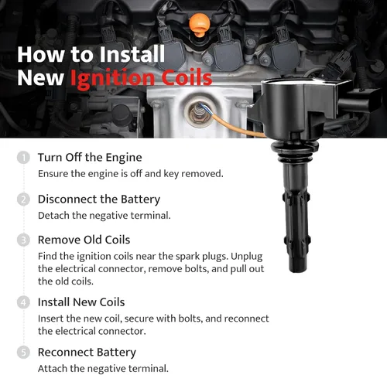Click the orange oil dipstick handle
tap(199, 25)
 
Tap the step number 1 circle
tap(23, 158)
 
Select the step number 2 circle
tap(23, 199)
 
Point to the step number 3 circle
tap(23, 240)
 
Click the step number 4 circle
tap(23, 302)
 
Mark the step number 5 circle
tap(23, 353)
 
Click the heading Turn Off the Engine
tap(90, 158)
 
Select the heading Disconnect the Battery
tap(99, 199)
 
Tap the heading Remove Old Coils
tap(84, 240)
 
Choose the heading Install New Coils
tap(81, 302)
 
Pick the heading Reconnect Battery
tap(87, 353)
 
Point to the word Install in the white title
tap(132, 54)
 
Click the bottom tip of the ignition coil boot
tap(299, 272)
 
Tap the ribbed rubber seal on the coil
tap(295, 152)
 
